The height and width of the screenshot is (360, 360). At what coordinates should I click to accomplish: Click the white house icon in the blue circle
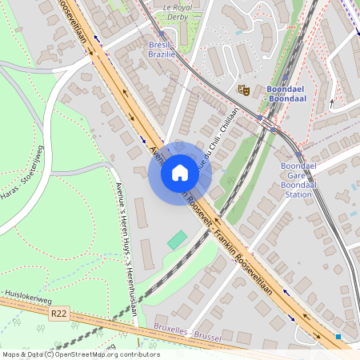(180, 173)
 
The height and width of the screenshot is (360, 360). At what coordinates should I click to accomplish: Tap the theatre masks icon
(245, 90)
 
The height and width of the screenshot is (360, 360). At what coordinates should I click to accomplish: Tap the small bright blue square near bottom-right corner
(339, 337)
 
